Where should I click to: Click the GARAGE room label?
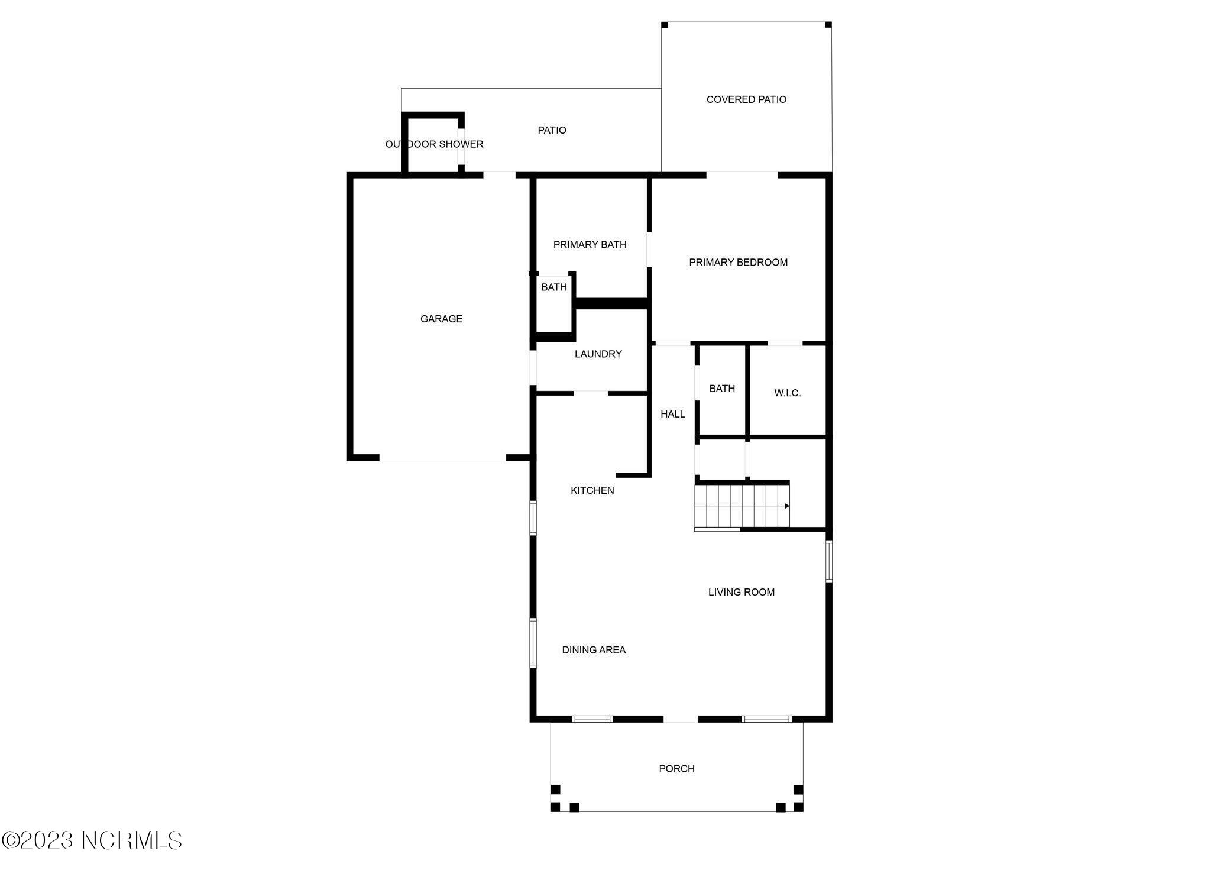point(441,319)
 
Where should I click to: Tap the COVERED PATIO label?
point(746,99)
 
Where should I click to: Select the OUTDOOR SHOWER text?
point(434,144)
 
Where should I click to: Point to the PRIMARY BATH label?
point(590,244)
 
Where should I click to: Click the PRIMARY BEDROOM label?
point(738,262)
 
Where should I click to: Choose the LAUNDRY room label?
point(598,354)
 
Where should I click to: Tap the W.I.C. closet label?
point(787,393)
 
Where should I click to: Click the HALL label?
point(672,414)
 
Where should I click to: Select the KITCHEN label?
point(592,490)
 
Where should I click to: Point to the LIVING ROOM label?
point(741,592)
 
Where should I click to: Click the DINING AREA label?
point(594,650)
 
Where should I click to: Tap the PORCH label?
point(676,768)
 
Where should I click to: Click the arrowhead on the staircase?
point(786,506)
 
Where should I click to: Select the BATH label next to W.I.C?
point(722,389)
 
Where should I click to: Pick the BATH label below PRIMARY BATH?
point(554,287)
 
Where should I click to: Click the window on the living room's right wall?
point(829,561)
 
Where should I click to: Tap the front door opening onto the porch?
point(681,719)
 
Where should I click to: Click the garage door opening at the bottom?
point(442,458)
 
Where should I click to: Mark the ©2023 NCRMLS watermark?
point(92,840)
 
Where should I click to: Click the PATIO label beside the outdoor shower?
point(552,130)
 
